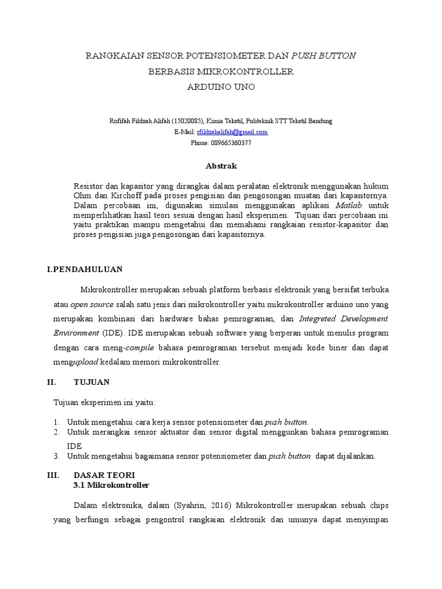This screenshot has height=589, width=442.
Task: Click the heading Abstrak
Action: pyautogui.click(x=221, y=166)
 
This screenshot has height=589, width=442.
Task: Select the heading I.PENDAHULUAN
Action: pyautogui.click(x=85, y=269)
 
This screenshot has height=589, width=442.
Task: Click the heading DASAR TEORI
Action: pyautogui.click(x=104, y=475)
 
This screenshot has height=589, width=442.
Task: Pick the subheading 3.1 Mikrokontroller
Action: pyautogui.click(x=112, y=485)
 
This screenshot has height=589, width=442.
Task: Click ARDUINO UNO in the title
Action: pyautogui.click(x=221, y=87)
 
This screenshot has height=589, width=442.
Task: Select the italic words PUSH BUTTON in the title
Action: pyautogui.click(x=324, y=56)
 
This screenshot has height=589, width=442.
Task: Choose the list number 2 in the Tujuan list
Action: pyautogui.click(x=57, y=431)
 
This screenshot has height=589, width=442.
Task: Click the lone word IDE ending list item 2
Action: pyautogui.click(x=74, y=446)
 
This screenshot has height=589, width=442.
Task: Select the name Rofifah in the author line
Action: pyautogui.click(x=120, y=121)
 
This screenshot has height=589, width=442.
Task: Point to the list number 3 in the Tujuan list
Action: pyautogui.click(x=57, y=456)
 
